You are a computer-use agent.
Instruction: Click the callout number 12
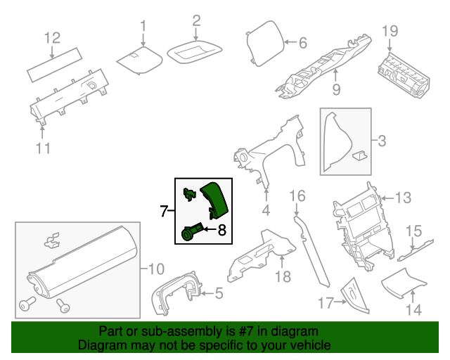[53, 37]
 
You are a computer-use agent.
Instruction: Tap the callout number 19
[390, 30]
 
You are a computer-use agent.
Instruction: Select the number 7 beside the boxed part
[164, 210]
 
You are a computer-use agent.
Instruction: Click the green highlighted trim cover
[214, 199]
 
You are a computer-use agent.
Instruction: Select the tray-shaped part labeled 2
[195, 51]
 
